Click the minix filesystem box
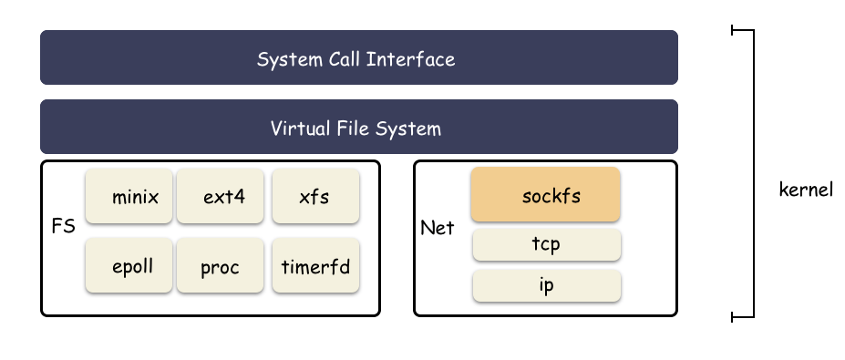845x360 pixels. point(129,196)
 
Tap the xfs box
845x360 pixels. point(316,196)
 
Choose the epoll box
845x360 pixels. point(129,266)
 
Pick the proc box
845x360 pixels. point(222,266)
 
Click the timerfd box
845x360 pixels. point(316,266)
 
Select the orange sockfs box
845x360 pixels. point(545,194)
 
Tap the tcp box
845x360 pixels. point(545,244)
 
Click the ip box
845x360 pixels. point(545,285)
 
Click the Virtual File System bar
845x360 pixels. point(359,128)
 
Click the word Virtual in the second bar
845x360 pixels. point(298,128)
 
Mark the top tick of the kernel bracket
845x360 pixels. point(743,30)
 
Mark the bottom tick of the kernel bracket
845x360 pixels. point(743,317)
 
